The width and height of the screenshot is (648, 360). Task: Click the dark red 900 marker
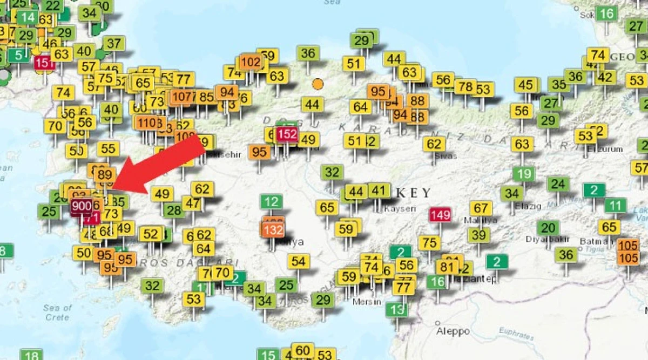click(x=82, y=206)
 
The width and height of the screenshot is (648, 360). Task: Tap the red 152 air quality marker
click(x=287, y=134)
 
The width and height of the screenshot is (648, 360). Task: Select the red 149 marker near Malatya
click(x=440, y=215)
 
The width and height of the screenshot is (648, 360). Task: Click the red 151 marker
click(x=44, y=63)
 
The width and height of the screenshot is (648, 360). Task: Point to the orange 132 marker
click(x=274, y=230)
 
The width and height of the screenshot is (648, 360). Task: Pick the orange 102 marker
click(x=250, y=62)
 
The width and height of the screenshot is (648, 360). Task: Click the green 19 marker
click(x=523, y=174)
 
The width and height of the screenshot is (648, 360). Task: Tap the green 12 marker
click(x=271, y=202)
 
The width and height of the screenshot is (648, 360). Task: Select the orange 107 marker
click(x=183, y=97)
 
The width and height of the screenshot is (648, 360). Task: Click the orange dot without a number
click(x=318, y=84)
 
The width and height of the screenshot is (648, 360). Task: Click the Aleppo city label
click(x=454, y=331)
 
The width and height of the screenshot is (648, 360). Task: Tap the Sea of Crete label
click(x=57, y=313)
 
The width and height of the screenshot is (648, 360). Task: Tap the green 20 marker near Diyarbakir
click(x=548, y=228)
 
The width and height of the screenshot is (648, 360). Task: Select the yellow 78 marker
click(x=464, y=86)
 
